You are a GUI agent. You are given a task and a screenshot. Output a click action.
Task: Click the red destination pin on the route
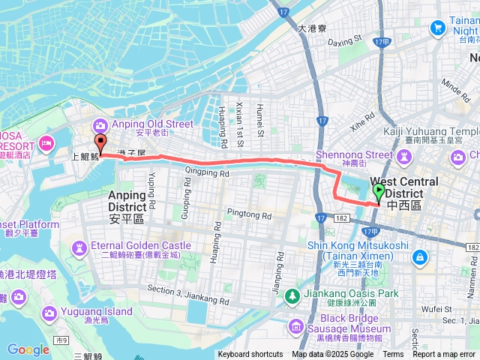coord(100,144)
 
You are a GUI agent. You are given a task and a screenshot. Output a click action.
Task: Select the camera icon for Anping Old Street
coord(99,125)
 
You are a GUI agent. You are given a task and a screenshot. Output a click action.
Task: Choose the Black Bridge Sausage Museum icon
coord(295,326)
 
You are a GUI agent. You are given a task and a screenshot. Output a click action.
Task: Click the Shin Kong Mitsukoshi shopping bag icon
coord(420,256)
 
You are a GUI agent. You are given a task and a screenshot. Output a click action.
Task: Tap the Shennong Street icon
coord(405,157)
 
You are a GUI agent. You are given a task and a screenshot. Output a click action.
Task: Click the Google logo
coord(28,349)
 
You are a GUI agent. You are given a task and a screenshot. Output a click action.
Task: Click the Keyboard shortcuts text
coord(250,355)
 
